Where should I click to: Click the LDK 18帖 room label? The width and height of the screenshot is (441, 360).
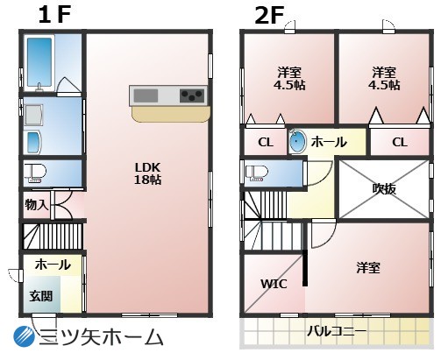click(x=147, y=173)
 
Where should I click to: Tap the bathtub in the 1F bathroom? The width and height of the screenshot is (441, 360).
click(x=39, y=62)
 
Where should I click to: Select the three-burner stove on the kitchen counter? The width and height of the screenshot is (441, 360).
click(x=192, y=95)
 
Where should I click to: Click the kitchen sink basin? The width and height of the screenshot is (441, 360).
click(x=146, y=95)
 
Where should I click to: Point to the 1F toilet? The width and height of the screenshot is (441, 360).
click(x=35, y=173)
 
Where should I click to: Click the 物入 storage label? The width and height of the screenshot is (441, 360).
click(x=36, y=205)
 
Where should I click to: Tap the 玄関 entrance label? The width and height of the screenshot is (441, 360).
click(x=41, y=296)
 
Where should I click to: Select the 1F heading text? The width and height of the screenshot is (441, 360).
click(x=54, y=15)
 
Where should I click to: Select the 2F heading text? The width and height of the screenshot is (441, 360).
click(x=269, y=16)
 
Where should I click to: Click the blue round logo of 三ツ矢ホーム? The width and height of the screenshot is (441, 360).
click(x=25, y=336)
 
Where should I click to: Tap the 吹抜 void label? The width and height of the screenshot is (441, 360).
click(x=384, y=188)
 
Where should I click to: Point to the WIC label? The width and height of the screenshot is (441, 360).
click(x=274, y=284)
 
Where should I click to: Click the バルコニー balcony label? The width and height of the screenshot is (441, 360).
click(x=337, y=331)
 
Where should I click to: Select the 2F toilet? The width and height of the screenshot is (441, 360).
click(x=257, y=173)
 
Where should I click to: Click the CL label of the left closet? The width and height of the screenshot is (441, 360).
click(x=266, y=143)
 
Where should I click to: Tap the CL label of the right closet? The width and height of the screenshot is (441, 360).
click(x=400, y=143)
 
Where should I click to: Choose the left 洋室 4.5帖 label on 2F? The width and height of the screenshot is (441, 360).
click(x=289, y=79)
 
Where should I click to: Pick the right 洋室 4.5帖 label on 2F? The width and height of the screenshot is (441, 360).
click(x=384, y=79)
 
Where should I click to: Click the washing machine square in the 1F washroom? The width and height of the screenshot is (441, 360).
click(x=34, y=115)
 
